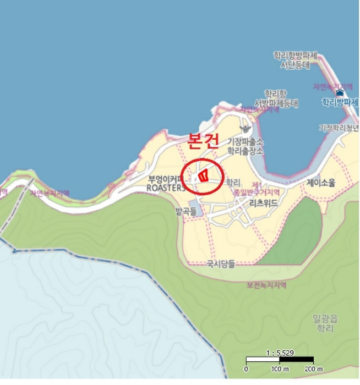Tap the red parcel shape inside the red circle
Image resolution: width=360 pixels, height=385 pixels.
(203, 176)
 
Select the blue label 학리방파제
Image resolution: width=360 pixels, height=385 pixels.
(340, 102)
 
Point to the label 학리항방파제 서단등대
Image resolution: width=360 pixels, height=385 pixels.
(296, 60)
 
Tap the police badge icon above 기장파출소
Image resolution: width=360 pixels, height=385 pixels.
(246, 128)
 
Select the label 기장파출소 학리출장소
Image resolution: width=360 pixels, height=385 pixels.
(246, 146)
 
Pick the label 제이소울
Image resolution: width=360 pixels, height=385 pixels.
(320, 183)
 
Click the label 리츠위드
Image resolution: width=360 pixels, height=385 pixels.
(264, 203)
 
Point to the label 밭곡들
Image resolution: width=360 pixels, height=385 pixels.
(186, 211)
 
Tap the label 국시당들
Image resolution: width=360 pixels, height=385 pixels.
(220, 264)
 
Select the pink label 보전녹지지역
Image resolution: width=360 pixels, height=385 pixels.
(266, 285)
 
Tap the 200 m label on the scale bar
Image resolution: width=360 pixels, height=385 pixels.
(314, 369)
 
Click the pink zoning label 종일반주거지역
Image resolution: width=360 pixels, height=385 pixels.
(256, 193)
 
